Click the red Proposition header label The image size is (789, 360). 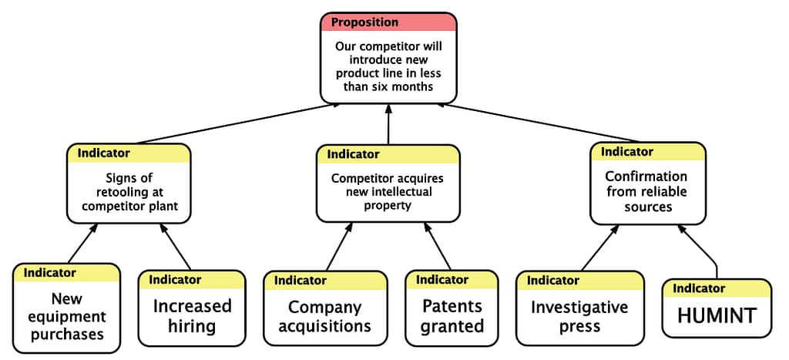[364, 22]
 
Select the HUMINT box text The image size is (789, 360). [717, 316]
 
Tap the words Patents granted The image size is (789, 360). [452, 316]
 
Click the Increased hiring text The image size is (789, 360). [192, 316]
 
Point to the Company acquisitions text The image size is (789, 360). [325, 316]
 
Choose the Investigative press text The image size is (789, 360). [579, 316]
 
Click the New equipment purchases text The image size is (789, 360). [67, 316]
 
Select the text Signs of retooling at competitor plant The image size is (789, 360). [129, 192]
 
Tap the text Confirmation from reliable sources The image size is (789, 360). [647, 191]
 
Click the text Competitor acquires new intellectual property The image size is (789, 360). [388, 192]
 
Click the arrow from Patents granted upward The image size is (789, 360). [438, 246]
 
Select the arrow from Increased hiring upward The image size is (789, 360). [176, 246]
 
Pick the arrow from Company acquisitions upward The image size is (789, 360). [340, 247]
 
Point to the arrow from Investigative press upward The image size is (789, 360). [599, 247]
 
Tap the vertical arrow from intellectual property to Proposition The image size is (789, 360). [388, 124]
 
